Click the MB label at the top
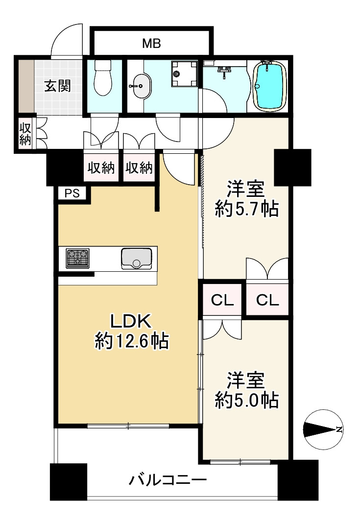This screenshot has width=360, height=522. pos(151,43)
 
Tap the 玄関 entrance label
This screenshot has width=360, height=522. pos(58,86)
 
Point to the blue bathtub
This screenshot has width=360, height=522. pos(270,86)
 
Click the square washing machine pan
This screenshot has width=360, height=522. pos(184,73)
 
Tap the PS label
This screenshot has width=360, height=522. pos(72,193)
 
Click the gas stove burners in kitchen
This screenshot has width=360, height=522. pos(77,258)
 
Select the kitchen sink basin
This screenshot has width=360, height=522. pos(137,259)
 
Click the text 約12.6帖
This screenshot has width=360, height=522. pos(132,341)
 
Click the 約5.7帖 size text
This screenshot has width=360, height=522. pos(246,210)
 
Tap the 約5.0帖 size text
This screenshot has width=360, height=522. pos(246,400)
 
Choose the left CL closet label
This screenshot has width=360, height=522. pos(222,301)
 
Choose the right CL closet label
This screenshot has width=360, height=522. pos(267,301)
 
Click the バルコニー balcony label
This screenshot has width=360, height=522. pos(168,480)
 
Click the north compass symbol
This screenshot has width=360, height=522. pos(323,429)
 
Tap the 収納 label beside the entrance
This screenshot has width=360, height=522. pos(25,134)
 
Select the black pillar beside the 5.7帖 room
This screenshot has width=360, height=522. pos(292,167)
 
